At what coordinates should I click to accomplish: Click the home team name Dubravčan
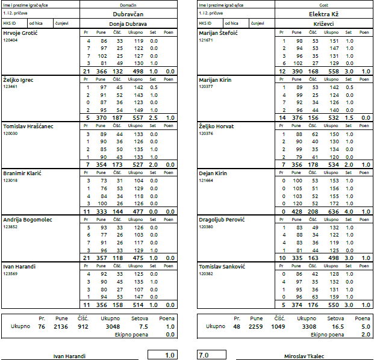128,14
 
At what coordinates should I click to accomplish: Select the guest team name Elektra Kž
323,14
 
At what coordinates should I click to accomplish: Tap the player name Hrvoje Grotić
20,33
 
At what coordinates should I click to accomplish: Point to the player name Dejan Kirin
213,173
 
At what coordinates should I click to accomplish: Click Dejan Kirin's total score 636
334,212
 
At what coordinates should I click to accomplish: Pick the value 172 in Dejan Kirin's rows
334,203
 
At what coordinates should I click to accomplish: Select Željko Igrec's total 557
138,118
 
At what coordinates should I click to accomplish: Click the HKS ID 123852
10,227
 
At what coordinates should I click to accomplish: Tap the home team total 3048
113,327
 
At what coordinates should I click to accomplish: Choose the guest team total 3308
309,327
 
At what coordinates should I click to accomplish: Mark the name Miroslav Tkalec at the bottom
304,356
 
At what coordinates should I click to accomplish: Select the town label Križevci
323,24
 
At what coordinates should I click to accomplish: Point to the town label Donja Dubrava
128,24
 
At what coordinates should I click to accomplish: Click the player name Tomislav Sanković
222,267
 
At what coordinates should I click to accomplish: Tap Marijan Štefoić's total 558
334,72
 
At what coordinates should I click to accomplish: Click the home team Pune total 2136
61,327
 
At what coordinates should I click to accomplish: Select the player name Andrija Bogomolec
28,220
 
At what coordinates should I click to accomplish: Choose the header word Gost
323,5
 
